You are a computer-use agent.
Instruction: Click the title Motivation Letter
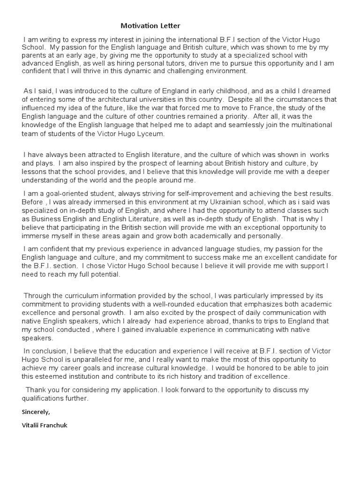pyautogui.click(x=150, y=26)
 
